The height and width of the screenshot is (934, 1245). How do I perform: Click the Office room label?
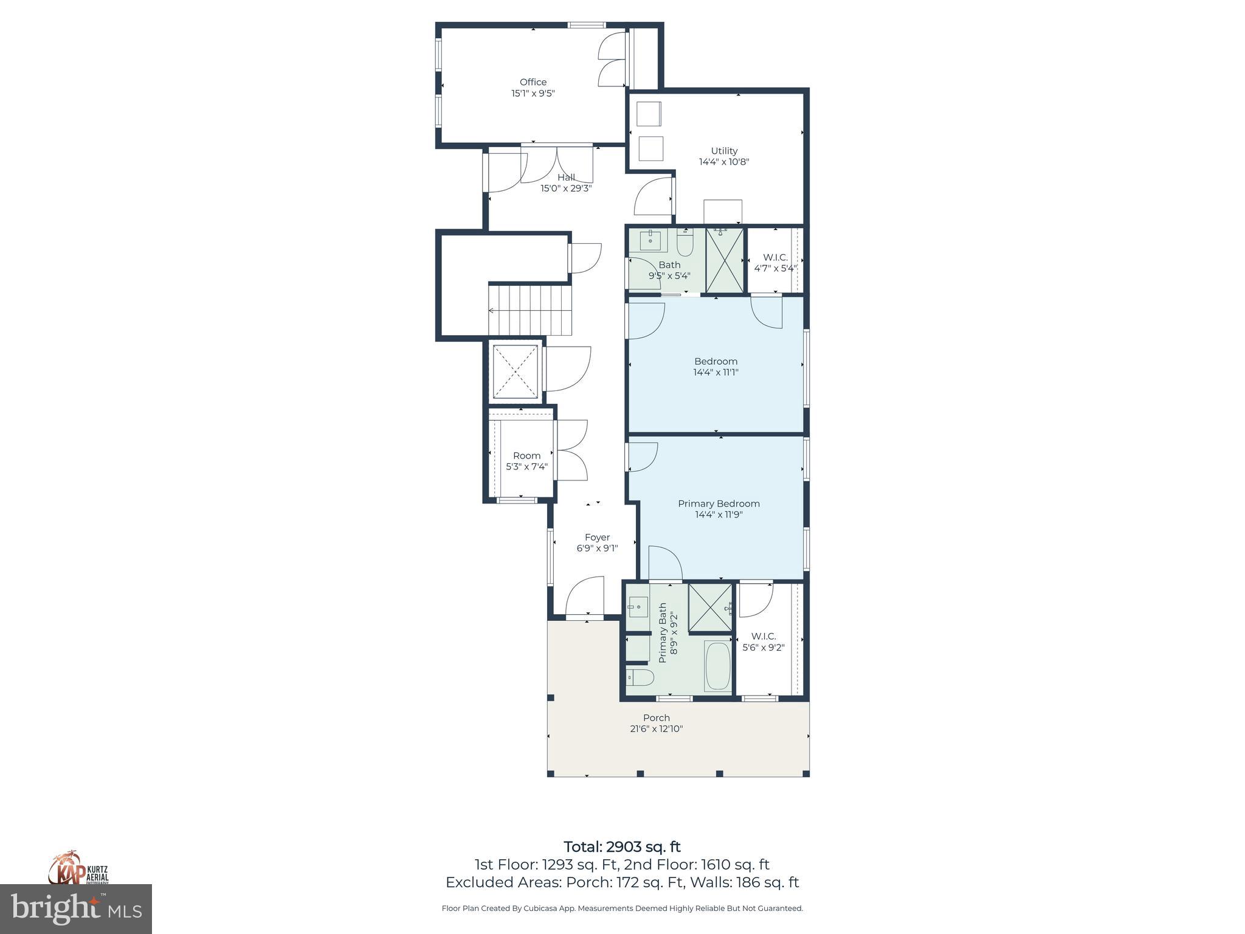coord(533,82)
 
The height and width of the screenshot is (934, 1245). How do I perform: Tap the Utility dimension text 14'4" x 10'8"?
coord(723,162)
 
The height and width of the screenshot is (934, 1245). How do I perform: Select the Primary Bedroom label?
coord(719,503)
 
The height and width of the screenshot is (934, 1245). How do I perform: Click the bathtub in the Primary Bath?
coord(718,666)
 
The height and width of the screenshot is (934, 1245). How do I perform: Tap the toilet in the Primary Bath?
coord(640,677)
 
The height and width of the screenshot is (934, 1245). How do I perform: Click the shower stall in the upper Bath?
coord(725,260)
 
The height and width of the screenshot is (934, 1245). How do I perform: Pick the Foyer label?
coord(597,538)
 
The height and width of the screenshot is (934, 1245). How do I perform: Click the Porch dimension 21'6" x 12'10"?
coord(657,728)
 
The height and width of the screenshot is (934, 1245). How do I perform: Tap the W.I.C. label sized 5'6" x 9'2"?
coord(764,637)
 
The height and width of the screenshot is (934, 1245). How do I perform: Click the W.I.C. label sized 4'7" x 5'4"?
coord(775,258)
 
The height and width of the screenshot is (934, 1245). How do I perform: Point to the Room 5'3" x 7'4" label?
coord(526,456)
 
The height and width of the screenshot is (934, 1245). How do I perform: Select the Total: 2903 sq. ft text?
coord(622,846)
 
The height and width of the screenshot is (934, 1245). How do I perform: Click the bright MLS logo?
coord(76,908)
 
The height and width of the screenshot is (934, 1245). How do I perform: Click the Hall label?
coord(566,178)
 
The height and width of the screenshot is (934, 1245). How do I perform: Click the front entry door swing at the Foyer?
coord(585,597)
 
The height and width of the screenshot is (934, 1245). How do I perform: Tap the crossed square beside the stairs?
coord(516,372)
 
